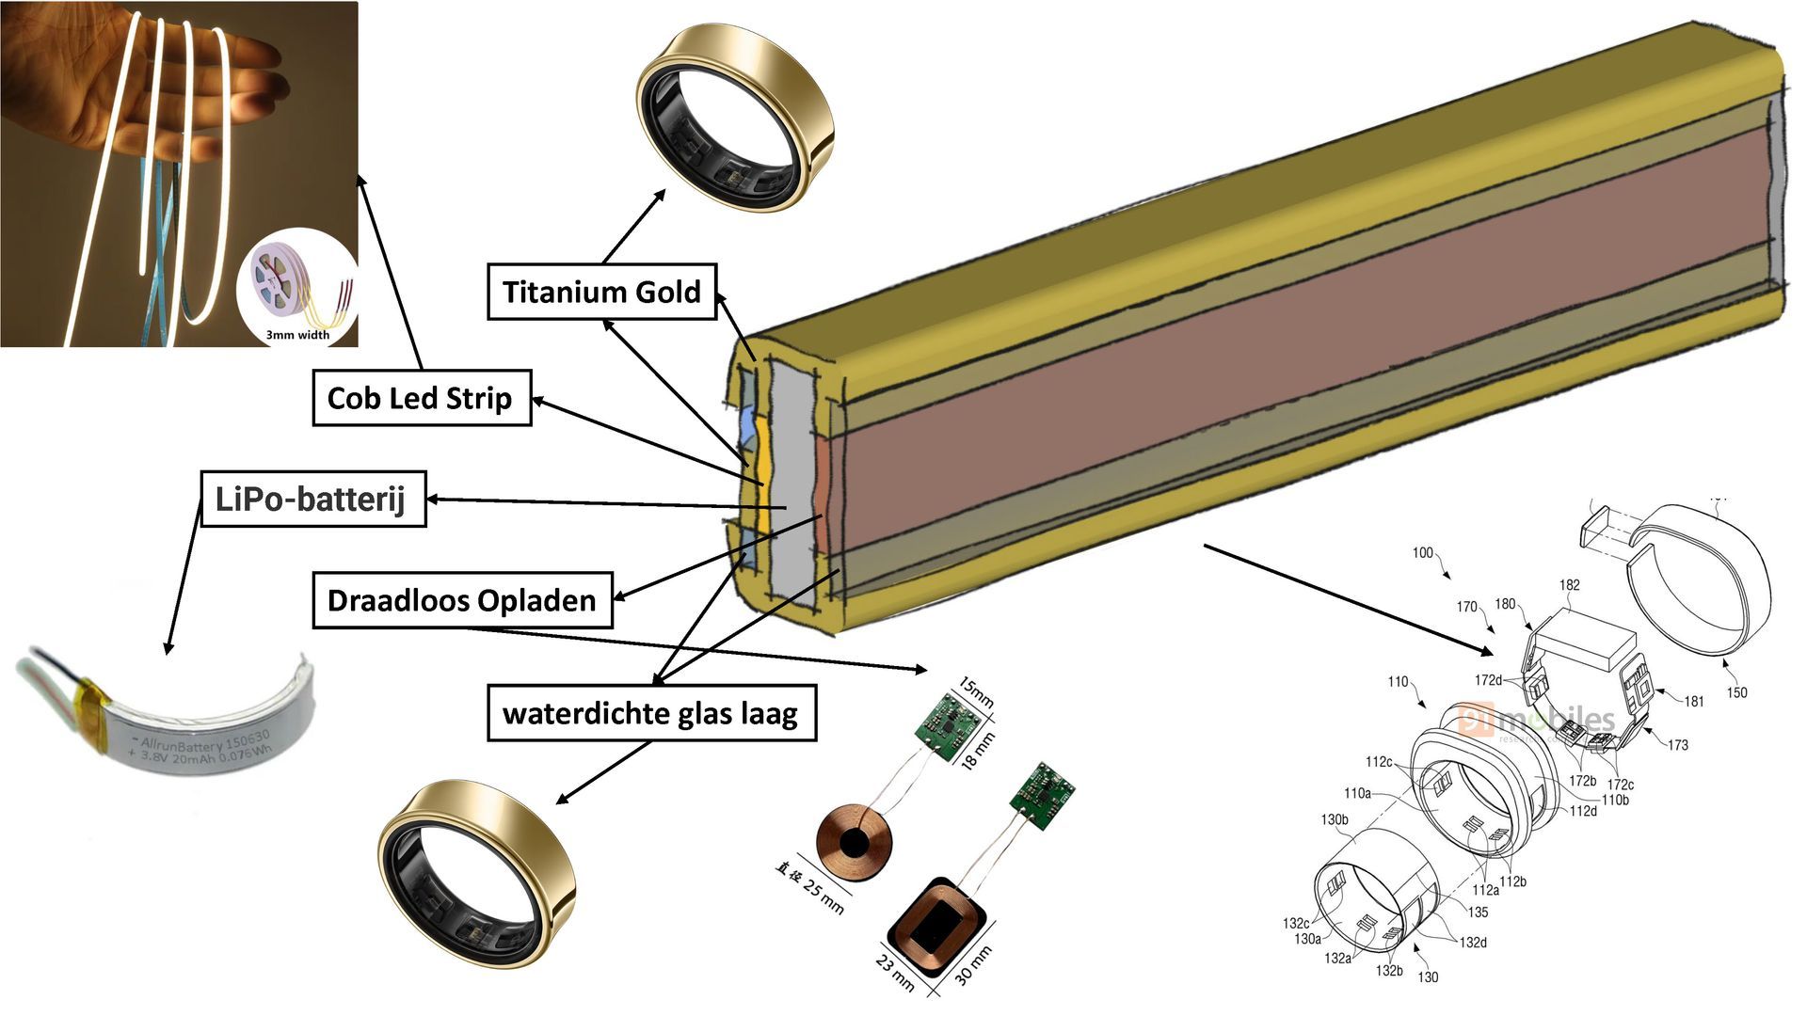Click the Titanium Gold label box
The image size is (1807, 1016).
pos(601,292)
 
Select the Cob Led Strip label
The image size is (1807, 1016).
pos(421,398)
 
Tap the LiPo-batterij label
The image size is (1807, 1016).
pos(312,499)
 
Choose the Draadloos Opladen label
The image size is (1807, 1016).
pos(461,600)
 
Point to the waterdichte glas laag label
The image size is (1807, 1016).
pos(650,713)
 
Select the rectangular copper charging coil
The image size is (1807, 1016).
pos(936,927)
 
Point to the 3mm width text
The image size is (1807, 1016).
pos(297,335)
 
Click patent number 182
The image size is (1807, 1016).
pos(1569,585)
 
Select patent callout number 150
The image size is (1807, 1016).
pos(1736,692)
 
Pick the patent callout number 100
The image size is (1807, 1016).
pos(1422,552)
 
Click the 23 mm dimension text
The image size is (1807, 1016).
pos(895,973)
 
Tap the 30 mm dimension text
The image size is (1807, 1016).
pos(973,965)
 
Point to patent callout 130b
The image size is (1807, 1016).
pos(1335,819)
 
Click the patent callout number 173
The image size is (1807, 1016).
pos(1677,745)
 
